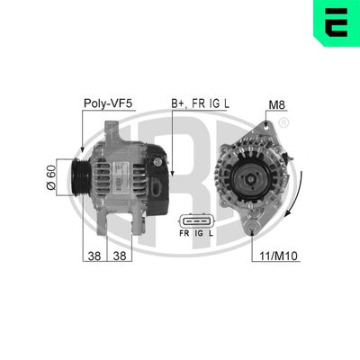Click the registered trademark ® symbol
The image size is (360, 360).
click(284, 122)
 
